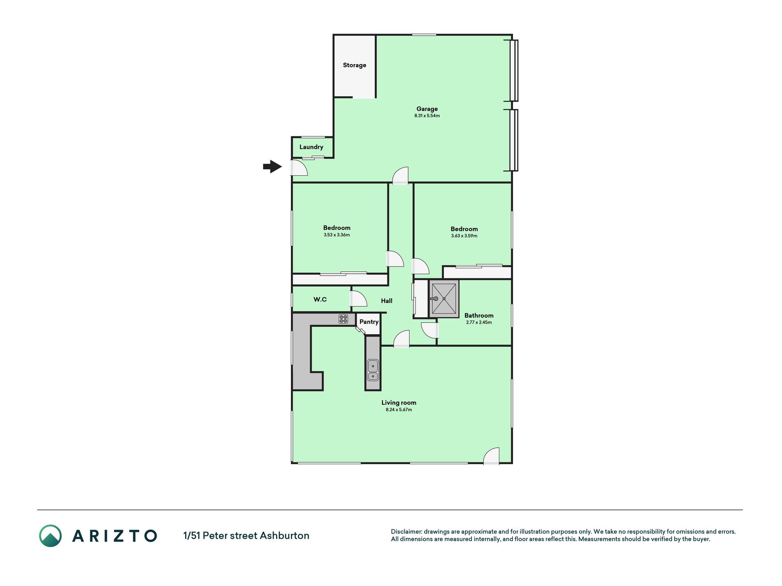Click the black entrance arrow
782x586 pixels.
click(x=273, y=167)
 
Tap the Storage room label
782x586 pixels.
click(x=355, y=65)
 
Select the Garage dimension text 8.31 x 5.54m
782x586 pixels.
click(x=427, y=116)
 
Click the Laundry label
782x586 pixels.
click(x=311, y=147)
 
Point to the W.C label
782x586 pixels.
click(x=320, y=299)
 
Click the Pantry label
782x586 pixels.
click(x=369, y=322)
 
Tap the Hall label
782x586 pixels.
click(x=387, y=301)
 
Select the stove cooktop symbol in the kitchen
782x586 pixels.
click(x=343, y=319)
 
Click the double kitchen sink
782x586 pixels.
click(x=373, y=370)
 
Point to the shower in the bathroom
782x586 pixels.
click(x=444, y=299)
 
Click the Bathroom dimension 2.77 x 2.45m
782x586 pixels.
click(x=479, y=322)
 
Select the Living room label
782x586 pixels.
click(x=399, y=403)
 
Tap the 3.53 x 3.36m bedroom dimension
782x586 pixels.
click(x=337, y=235)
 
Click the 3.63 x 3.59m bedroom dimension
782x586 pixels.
click(x=464, y=236)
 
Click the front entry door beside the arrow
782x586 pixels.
click(x=299, y=168)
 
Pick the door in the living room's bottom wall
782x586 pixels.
click(x=492, y=456)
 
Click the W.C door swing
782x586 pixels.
click(x=359, y=298)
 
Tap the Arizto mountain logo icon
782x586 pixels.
click(x=50, y=536)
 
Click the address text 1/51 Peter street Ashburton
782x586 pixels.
click(x=246, y=536)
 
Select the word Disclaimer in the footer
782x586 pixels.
click(x=406, y=532)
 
